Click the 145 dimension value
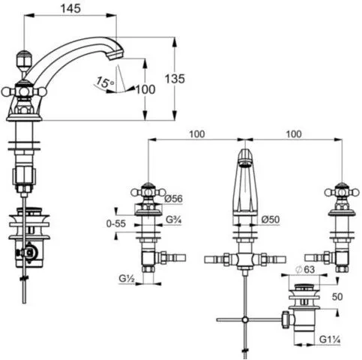coord(70,8)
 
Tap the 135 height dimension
coord(175,79)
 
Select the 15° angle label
coord(105,82)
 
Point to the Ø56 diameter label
coord(174,199)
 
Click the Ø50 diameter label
coord(271,220)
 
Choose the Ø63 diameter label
coord(305,270)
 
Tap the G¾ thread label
coord(174,220)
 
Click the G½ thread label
coord(127,278)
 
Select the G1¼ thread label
coord(330,340)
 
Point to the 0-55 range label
coord(116,223)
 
